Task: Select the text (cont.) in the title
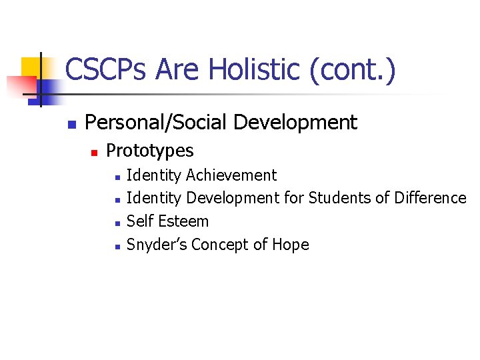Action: (x=353, y=70)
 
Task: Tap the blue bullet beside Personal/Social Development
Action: (x=71, y=124)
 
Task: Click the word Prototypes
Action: (x=150, y=151)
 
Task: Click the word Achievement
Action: (x=231, y=175)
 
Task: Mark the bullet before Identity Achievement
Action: (x=117, y=177)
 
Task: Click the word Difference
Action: (x=430, y=198)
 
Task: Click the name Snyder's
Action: (x=157, y=245)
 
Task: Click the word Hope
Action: (x=291, y=245)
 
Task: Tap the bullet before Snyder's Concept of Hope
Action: (x=117, y=247)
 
